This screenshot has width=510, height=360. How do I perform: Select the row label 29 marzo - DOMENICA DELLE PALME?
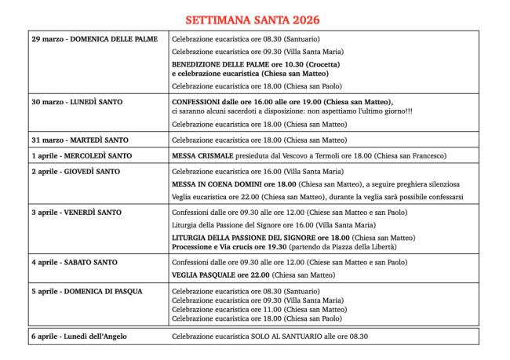click(89, 38)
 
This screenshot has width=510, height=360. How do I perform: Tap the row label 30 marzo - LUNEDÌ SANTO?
click(78, 102)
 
